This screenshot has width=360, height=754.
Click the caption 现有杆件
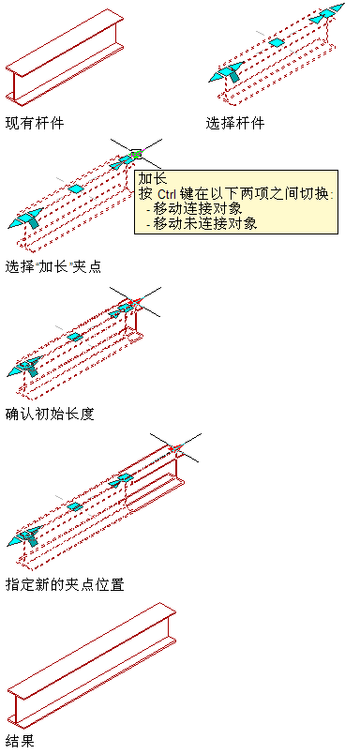35,123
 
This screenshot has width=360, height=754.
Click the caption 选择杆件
235,123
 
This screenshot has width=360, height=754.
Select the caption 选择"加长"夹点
53,266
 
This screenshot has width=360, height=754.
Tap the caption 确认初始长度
50,413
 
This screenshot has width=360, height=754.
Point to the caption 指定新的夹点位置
65,584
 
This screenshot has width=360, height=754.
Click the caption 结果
20,741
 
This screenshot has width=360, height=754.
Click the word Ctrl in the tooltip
168,194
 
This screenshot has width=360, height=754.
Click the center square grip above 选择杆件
277,42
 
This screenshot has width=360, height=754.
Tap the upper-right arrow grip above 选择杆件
327,14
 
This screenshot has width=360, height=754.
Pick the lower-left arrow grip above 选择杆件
225,72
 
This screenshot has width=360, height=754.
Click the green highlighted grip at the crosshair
137,155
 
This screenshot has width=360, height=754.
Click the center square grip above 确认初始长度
75,337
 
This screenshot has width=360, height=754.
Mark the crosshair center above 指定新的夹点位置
175,448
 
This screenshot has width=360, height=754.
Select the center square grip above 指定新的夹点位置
74,506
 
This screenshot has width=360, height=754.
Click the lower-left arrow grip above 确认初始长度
24,367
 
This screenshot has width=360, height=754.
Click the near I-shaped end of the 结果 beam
16,708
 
